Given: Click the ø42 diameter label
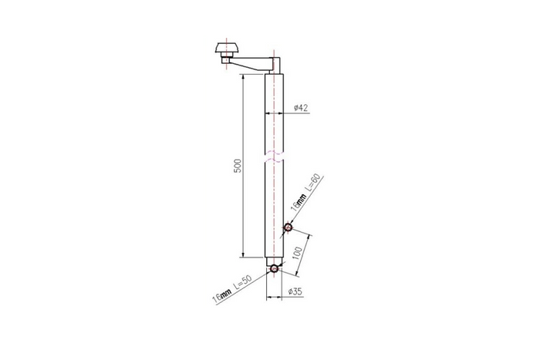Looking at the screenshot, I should pos(302,107).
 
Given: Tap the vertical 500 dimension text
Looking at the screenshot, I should pos(238,166).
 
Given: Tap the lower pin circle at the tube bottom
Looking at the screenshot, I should pos(274,268).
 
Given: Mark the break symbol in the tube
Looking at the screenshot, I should pos(274,158).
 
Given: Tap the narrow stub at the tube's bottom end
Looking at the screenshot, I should pos(274,261).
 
